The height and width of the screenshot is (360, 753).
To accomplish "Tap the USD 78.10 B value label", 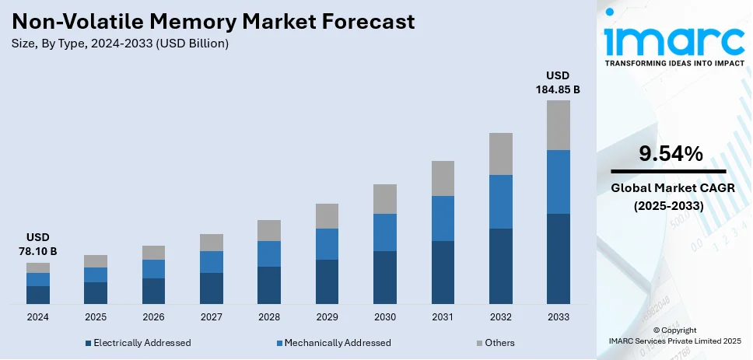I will pyautogui.click(x=37, y=244).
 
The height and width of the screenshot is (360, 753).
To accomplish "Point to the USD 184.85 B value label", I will pyautogui.click(x=557, y=82).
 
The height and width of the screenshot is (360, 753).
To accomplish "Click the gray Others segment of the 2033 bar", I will pyautogui.click(x=558, y=124).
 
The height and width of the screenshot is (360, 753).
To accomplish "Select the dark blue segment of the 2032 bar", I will pyautogui.click(x=500, y=266).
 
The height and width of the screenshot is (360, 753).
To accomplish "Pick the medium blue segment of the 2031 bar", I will pyautogui.click(x=443, y=218).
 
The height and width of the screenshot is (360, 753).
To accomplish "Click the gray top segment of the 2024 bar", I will pyautogui.click(x=38, y=267).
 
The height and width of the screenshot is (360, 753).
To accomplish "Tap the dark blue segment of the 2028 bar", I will pyautogui.click(x=269, y=285).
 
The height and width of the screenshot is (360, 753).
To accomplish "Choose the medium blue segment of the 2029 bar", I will pyautogui.click(x=327, y=244).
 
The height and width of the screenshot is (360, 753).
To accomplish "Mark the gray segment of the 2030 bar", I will pyautogui.click(x=384, y=199).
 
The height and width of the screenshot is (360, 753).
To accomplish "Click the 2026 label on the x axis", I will pyautogui.click(x=153, y=317).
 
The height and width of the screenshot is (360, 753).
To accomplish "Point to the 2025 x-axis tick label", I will pyautogui.click(x=96, y=317).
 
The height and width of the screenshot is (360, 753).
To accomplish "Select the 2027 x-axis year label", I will pyautogui.click(x=211, y=317).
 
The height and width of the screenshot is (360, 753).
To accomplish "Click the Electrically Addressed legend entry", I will pyautogui.click(x=138, y=343).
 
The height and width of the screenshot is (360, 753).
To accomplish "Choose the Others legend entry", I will pyautogui.click(x=495, y=343).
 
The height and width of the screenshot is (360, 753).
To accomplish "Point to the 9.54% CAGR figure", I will pyautogui.click(x=670, y=154).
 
